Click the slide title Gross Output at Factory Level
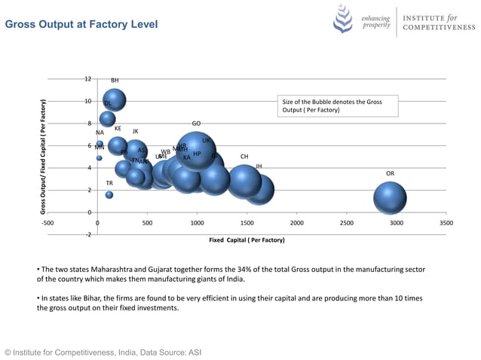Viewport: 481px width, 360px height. tap(81, 25)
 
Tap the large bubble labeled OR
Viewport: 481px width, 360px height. tap(390, 198)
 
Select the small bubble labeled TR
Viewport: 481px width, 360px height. tap(109, 195)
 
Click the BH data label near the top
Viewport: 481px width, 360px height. tap(115, 81)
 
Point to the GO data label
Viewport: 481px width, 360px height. tap(196, 124)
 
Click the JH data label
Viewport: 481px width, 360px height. tap(259, 166)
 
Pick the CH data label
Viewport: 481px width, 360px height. tap(244, 157)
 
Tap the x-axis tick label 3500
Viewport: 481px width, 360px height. tap(446, 224)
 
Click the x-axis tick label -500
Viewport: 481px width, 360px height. tap(47, 224)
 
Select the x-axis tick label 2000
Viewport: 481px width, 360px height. tap(296, 224)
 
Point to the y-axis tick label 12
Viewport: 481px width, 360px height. tap(87, 79)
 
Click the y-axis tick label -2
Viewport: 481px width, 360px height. tap(87, 235)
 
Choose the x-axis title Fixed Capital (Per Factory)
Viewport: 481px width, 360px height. tap(247, 240)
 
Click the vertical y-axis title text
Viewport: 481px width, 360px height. tap(43, 157)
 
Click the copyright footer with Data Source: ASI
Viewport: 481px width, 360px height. tap(103, 352)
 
